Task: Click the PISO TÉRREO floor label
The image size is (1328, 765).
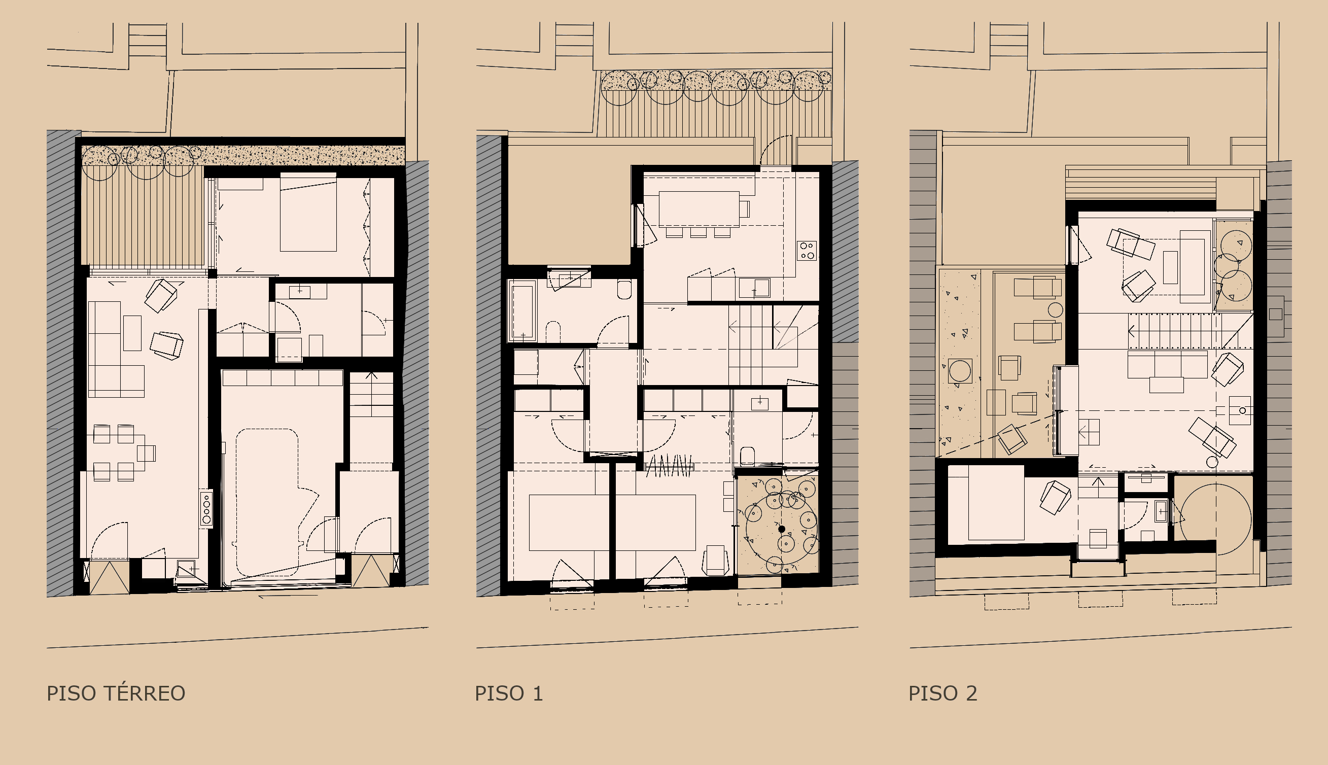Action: pyautogui.click(x=116, y=693)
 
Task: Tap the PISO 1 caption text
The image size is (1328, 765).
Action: pyautogui.click(x=508, y=693)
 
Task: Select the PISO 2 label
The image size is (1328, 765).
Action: pyautogui.click(x=943, y=693)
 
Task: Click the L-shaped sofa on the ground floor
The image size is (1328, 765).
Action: pyautogui.click(x=116, y=349)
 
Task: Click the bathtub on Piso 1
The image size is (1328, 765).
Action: pyautogui.click(x=521, y=310)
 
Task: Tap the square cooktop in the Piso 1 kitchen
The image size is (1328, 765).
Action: pyautogui.click(x=807, y=251)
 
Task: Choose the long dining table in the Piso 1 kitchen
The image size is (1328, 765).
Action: pyautogui.click(x=698, y=209)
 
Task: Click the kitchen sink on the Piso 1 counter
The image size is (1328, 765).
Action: pyautogui.click(x=754, y=288)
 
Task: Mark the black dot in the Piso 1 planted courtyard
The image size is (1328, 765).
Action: pyautogui.click(x=782, y=529)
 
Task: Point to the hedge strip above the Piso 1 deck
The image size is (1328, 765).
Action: pyautogui.click(x=716, y=80)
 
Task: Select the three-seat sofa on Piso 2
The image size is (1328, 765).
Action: pyautogui.click(x=1167, y=365)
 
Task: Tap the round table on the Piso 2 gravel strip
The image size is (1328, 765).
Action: pyautogui.click(x=960, y=371)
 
